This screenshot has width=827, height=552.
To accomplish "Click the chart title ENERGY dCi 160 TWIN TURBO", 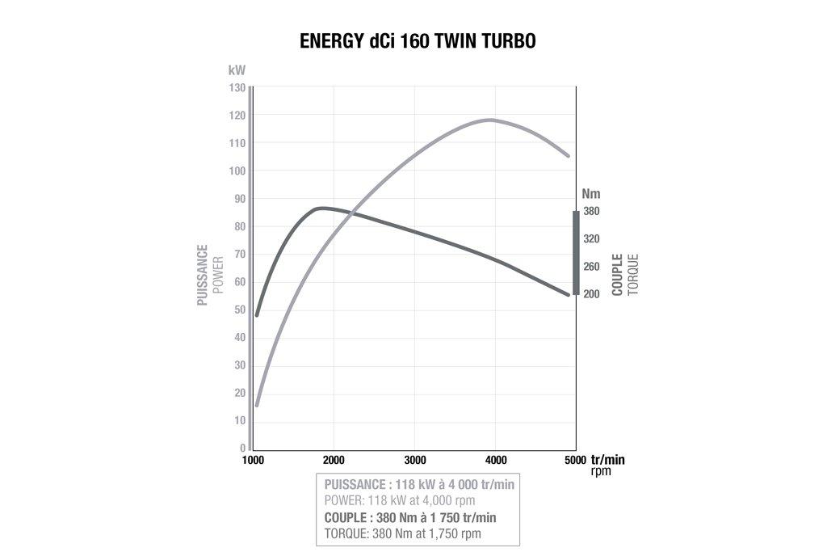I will click(418, 41).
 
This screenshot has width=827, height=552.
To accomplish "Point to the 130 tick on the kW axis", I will click(237, 87).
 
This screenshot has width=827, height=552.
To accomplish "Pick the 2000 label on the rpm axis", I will click(334, 460).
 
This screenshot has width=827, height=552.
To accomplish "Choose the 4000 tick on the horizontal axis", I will click(495, 460).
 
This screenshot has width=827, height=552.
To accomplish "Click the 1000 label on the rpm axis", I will click(253, 460).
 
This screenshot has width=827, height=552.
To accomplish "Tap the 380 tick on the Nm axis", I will click(591, 211).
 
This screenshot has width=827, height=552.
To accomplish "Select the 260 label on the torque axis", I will click(591, 267).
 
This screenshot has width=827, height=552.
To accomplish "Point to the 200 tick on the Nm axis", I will click(591, 294).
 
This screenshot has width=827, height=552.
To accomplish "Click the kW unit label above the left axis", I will click(237, 71).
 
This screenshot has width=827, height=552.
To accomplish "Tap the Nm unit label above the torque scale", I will click(591, 194).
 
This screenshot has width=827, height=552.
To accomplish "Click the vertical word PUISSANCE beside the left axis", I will click(203, 275).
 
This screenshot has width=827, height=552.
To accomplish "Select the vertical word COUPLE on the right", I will click(618, 275).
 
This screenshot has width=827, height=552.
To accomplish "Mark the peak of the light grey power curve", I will click(490, 120).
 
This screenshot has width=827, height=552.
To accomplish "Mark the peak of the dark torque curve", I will click(321, 208).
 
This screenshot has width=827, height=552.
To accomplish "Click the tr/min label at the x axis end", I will click(607, 459).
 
